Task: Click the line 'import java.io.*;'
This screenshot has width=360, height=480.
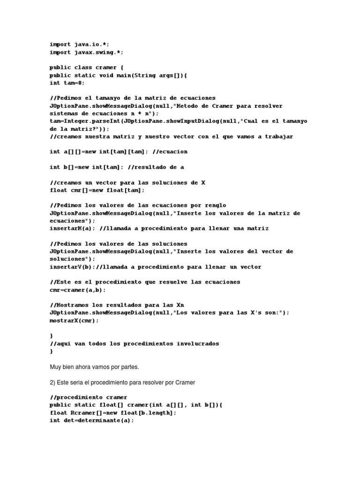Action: [x=79, y=45]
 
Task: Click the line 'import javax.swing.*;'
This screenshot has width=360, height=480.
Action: [x=87, y=52]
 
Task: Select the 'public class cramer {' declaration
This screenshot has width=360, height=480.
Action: [x=87, y=67]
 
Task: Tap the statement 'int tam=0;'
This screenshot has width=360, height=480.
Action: [x=68, y=83]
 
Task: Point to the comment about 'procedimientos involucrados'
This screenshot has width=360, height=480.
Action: [x=134, y=344]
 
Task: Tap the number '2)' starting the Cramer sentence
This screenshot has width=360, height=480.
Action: [x=52, y=382]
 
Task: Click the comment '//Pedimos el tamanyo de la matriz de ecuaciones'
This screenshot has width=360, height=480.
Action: [x=133, y=98]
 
